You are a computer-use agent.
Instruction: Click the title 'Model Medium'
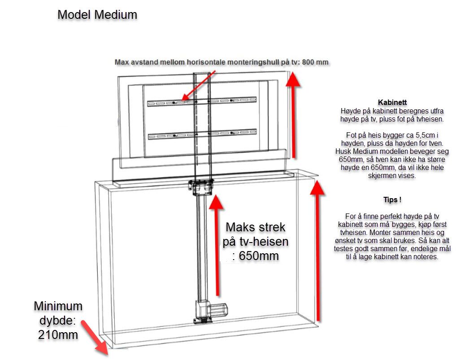click(x=97, y=15)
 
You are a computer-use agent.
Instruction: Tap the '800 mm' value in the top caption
click(x=316, y=62)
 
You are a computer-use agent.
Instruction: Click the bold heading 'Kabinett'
click(x=392, y=103)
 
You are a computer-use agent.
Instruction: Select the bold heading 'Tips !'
click(x=392, y=200)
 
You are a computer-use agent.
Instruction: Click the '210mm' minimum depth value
click(x=58, y=334)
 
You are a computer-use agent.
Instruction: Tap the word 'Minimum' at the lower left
click(x=58, y=306)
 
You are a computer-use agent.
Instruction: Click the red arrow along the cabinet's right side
click(x=318, y=251)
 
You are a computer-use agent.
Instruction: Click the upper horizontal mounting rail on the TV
click(x=202, y=102)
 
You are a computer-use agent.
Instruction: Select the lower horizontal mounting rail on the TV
click(x=202, y=134)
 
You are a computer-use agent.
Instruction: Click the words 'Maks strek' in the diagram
click(x=255, y=227)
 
